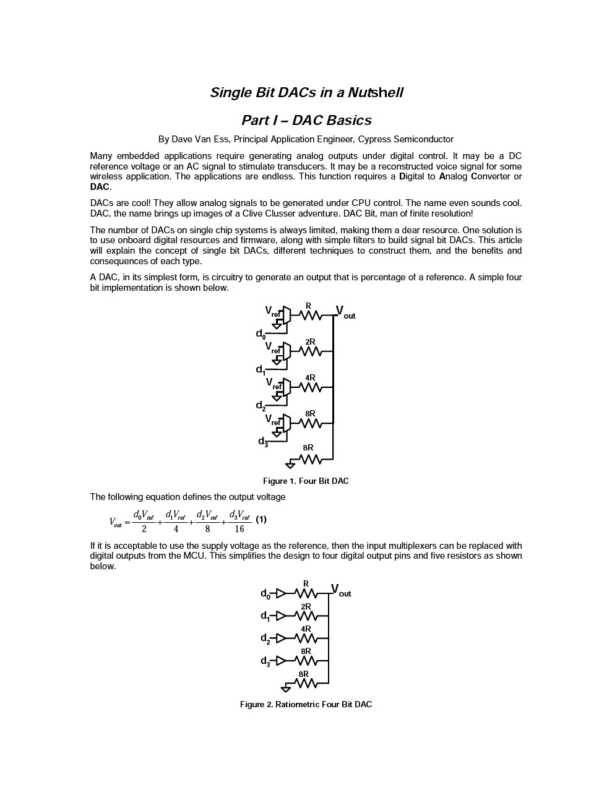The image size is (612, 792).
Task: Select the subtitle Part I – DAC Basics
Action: (x=306, y=120)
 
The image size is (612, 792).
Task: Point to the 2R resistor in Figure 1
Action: (x=310, y=351)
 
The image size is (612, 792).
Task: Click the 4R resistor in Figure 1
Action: (x=310, y=387)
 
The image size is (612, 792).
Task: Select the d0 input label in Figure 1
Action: (x=261, y=334)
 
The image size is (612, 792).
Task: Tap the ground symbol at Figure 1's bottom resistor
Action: (x=290, y=464)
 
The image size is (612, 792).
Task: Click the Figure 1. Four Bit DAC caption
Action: (x=306, y=481)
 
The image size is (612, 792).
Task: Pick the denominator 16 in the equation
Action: (x=239, y=529)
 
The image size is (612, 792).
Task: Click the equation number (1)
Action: (x=261, y=519)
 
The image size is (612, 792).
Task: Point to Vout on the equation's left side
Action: (x=116, y=522)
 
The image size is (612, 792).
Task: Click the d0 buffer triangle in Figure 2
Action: (x=281, y=593)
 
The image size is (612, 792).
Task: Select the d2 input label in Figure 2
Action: (x=265, y=639)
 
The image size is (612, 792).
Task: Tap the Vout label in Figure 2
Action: (x=340, y=590)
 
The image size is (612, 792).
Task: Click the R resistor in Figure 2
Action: (x=306, y=594)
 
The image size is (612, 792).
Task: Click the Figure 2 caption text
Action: (x=306, y=704)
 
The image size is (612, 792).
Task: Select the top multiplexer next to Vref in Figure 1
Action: (x=287, y=315)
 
